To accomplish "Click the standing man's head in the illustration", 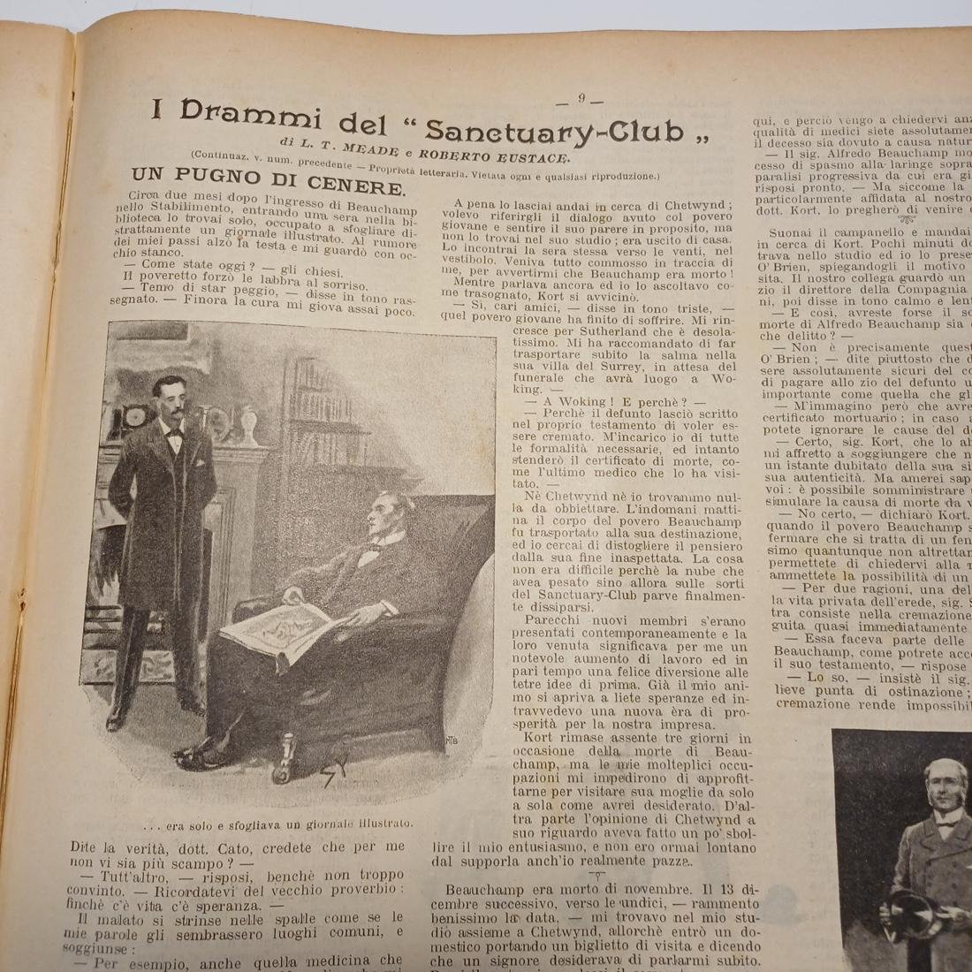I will tap(174, 400).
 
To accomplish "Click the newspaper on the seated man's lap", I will tap(278, 634).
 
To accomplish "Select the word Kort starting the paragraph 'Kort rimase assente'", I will tap(538, 738).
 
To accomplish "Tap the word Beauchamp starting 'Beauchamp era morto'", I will tap(484, 888).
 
